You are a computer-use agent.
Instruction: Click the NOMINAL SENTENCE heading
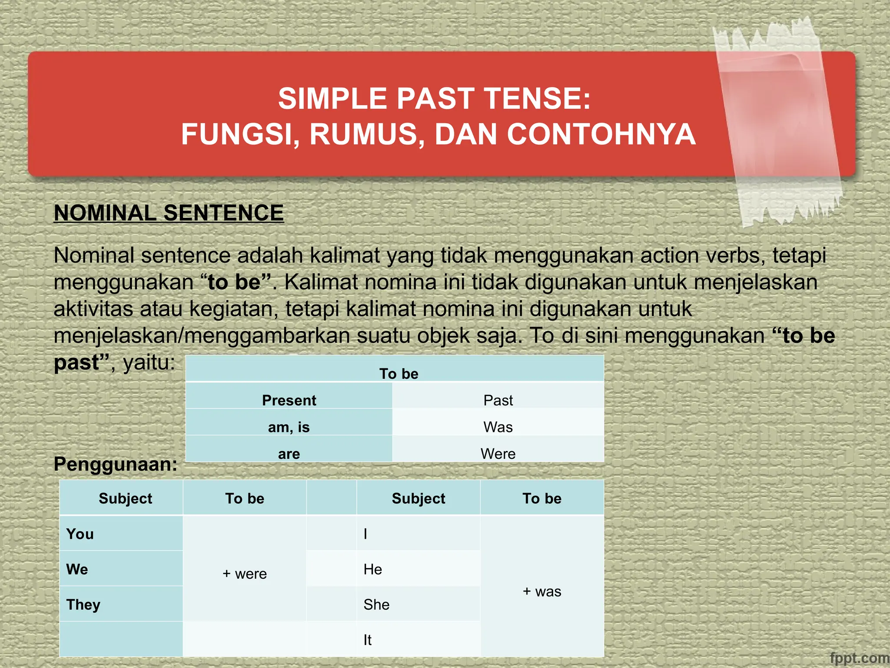[x=169, y=213]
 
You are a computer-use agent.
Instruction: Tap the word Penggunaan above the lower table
[x=115, y=464]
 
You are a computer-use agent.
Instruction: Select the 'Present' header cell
[x=289, y=400]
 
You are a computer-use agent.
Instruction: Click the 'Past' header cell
[x=498, y=400]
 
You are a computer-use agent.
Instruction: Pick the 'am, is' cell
[x=289, y=427]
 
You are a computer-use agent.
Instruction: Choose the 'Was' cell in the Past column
[x=498, y=427]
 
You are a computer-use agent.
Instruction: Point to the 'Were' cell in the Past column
[x=498, y=454]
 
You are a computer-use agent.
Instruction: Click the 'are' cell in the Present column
[x=289, y=454]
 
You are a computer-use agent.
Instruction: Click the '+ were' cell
[x=245, y=574]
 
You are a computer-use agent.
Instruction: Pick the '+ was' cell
[x=542, y=591]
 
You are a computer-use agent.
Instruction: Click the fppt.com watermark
[x=859, y=658]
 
